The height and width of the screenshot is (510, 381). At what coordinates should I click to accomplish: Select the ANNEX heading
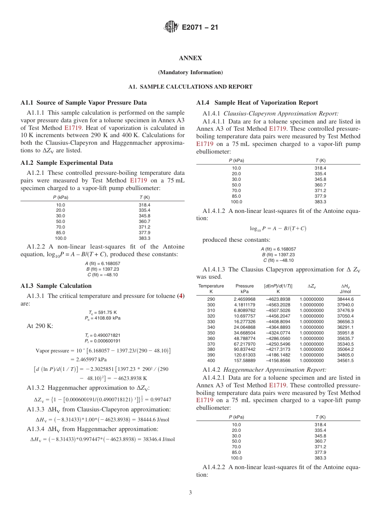pyautogui.click(x=190, y=58)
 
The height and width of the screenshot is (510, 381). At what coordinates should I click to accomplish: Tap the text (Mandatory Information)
pyautogui.click(x=190, y=73)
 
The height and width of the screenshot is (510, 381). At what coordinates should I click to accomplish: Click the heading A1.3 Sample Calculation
pyautogui.click(x=56, y=286)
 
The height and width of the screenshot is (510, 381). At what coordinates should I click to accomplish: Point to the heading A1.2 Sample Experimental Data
pyautogui.click(x=67, y=163)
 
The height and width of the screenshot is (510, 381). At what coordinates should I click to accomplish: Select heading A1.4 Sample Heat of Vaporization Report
pyautogui.click(x=257, y=103)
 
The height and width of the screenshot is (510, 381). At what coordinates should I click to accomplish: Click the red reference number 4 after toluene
pyautogui.click(x=181, y=296)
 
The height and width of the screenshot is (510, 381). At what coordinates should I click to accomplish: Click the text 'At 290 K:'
pyautogui.click(x=40, y=326)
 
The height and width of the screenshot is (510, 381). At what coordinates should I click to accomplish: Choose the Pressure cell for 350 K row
pyautogui.click(x=244, y=333)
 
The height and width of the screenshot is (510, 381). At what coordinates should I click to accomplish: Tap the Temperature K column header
pyautogui.click(x=211, y=289)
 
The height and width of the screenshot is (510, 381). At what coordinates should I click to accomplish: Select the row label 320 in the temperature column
pyautogui.click(x=211, y=316)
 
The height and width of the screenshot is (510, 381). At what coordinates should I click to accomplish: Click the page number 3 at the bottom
pyautogui.click(x=190, y=492)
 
